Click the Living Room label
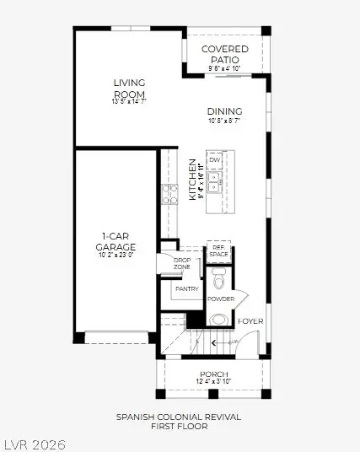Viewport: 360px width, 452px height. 130,87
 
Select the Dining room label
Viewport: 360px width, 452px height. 223,111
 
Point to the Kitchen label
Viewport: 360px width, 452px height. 192,179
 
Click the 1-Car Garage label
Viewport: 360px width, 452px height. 115,242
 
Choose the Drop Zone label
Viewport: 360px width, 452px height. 182,263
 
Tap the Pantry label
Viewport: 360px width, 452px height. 186,289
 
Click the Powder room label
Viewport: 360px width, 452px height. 220,299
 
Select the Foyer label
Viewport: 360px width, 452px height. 250,321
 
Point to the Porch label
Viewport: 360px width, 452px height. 213,374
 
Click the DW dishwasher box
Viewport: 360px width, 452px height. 215,159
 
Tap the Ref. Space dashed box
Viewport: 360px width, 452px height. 218,251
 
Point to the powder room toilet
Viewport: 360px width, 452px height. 218,320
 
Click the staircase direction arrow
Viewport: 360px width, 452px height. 216,342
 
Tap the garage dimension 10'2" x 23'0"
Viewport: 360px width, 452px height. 115,254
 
